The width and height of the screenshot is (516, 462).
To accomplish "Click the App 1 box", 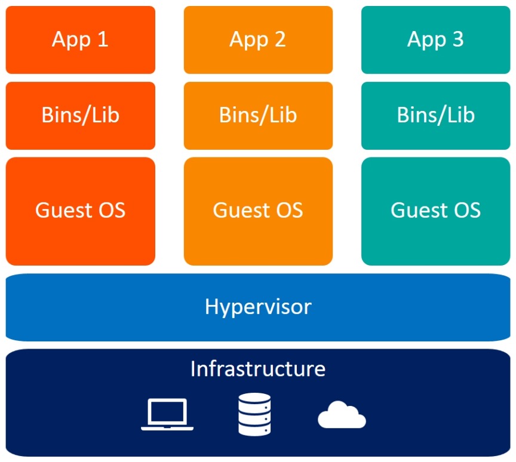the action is click(81, 40).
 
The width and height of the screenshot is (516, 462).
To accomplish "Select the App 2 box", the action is click(259, 40).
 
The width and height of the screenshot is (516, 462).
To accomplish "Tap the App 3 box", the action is click(436, 40).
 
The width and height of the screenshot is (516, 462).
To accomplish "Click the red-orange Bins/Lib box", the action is click(81, 116).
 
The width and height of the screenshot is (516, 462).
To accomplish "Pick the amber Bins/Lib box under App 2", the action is click(259, 116).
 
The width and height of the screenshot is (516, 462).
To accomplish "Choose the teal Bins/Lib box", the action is click(436, 116).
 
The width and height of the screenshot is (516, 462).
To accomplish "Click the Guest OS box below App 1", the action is click(81, 211).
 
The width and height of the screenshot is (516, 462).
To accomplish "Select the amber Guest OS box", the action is click(259, 211).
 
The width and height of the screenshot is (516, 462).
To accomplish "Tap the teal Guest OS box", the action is click(436, 211).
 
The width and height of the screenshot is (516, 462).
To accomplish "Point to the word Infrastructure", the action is click(258, 369).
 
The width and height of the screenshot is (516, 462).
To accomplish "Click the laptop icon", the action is click(167, 414).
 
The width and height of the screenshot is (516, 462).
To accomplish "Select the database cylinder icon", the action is click(254, 414).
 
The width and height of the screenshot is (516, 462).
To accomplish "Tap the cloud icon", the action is click(342, 415).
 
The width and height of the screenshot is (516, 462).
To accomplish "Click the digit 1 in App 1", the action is click(103, 39).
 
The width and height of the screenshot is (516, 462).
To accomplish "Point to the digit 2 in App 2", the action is click(280, 39).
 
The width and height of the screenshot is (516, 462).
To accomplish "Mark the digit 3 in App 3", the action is click(458, 39).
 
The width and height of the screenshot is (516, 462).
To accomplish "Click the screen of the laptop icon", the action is click(167, 411).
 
